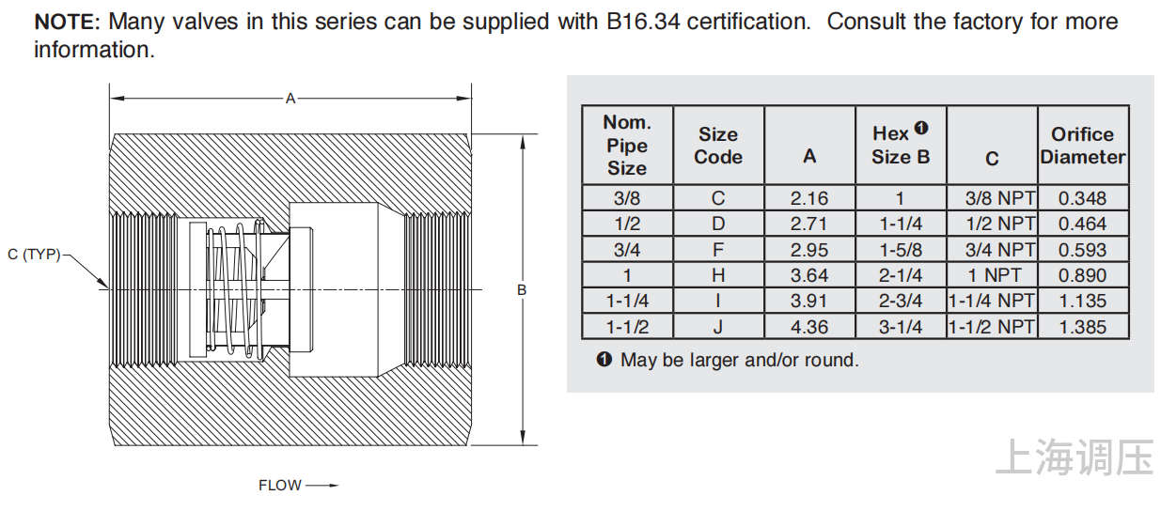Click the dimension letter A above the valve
pos(290,98)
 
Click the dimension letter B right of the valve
pos(522,290)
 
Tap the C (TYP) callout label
pos(34,255)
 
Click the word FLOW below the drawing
pos(280,486)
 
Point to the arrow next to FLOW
pos(321,486)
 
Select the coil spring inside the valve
pos(235,288)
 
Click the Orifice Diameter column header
pos(1083,146)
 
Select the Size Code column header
pos(718,146)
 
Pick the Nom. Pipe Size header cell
pos(627,146)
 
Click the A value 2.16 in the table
pos(809,198)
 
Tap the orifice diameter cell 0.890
pos(1083,275)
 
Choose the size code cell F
pos(718,250)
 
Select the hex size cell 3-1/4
pos(901,327)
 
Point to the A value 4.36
pos(809,327)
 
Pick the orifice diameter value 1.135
pos(1083,302)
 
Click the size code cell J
pos(718,327)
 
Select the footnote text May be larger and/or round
pos(739,360)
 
